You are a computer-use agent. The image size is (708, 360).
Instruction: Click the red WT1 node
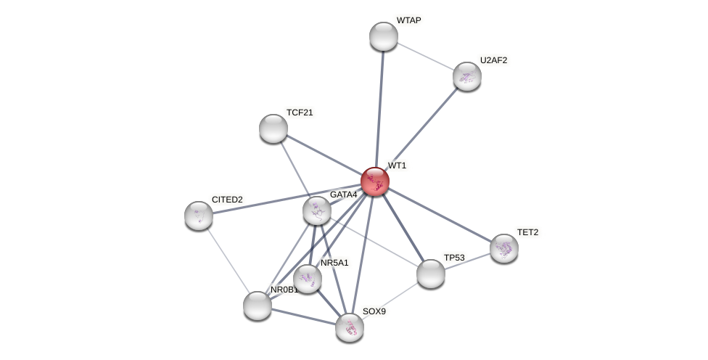(374, 181)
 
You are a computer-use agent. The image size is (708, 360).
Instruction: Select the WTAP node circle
(383, 36)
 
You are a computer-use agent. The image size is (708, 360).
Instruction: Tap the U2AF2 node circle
(466, 76)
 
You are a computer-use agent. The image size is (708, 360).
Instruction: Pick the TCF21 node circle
(273, 128)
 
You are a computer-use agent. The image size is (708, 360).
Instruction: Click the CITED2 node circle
(199, 216)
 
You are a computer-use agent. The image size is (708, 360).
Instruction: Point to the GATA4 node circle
(317, 210)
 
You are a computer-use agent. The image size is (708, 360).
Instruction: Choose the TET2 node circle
(503, 248)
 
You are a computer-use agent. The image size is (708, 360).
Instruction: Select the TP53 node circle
(431, 274)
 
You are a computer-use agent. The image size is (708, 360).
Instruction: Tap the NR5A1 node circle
(308, 278)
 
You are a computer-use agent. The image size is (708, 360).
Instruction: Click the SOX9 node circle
(350, 327)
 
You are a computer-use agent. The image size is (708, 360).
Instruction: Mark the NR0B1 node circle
(258, 306)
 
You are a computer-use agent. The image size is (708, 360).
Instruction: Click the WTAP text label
(408, 20)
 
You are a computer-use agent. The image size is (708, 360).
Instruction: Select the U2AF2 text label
(493, 60)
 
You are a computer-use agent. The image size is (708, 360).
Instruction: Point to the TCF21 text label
(300, 112)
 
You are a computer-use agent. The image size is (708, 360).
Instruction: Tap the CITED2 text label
(227, 200)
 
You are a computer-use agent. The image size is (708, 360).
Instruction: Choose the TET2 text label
(527, 232)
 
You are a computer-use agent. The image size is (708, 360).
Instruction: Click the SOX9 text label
(374, 311)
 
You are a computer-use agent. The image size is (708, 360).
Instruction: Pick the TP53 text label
(454, 258)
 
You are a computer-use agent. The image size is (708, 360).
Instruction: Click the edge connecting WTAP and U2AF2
(425, 57)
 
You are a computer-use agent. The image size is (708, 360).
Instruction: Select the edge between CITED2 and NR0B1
(228, 260)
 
